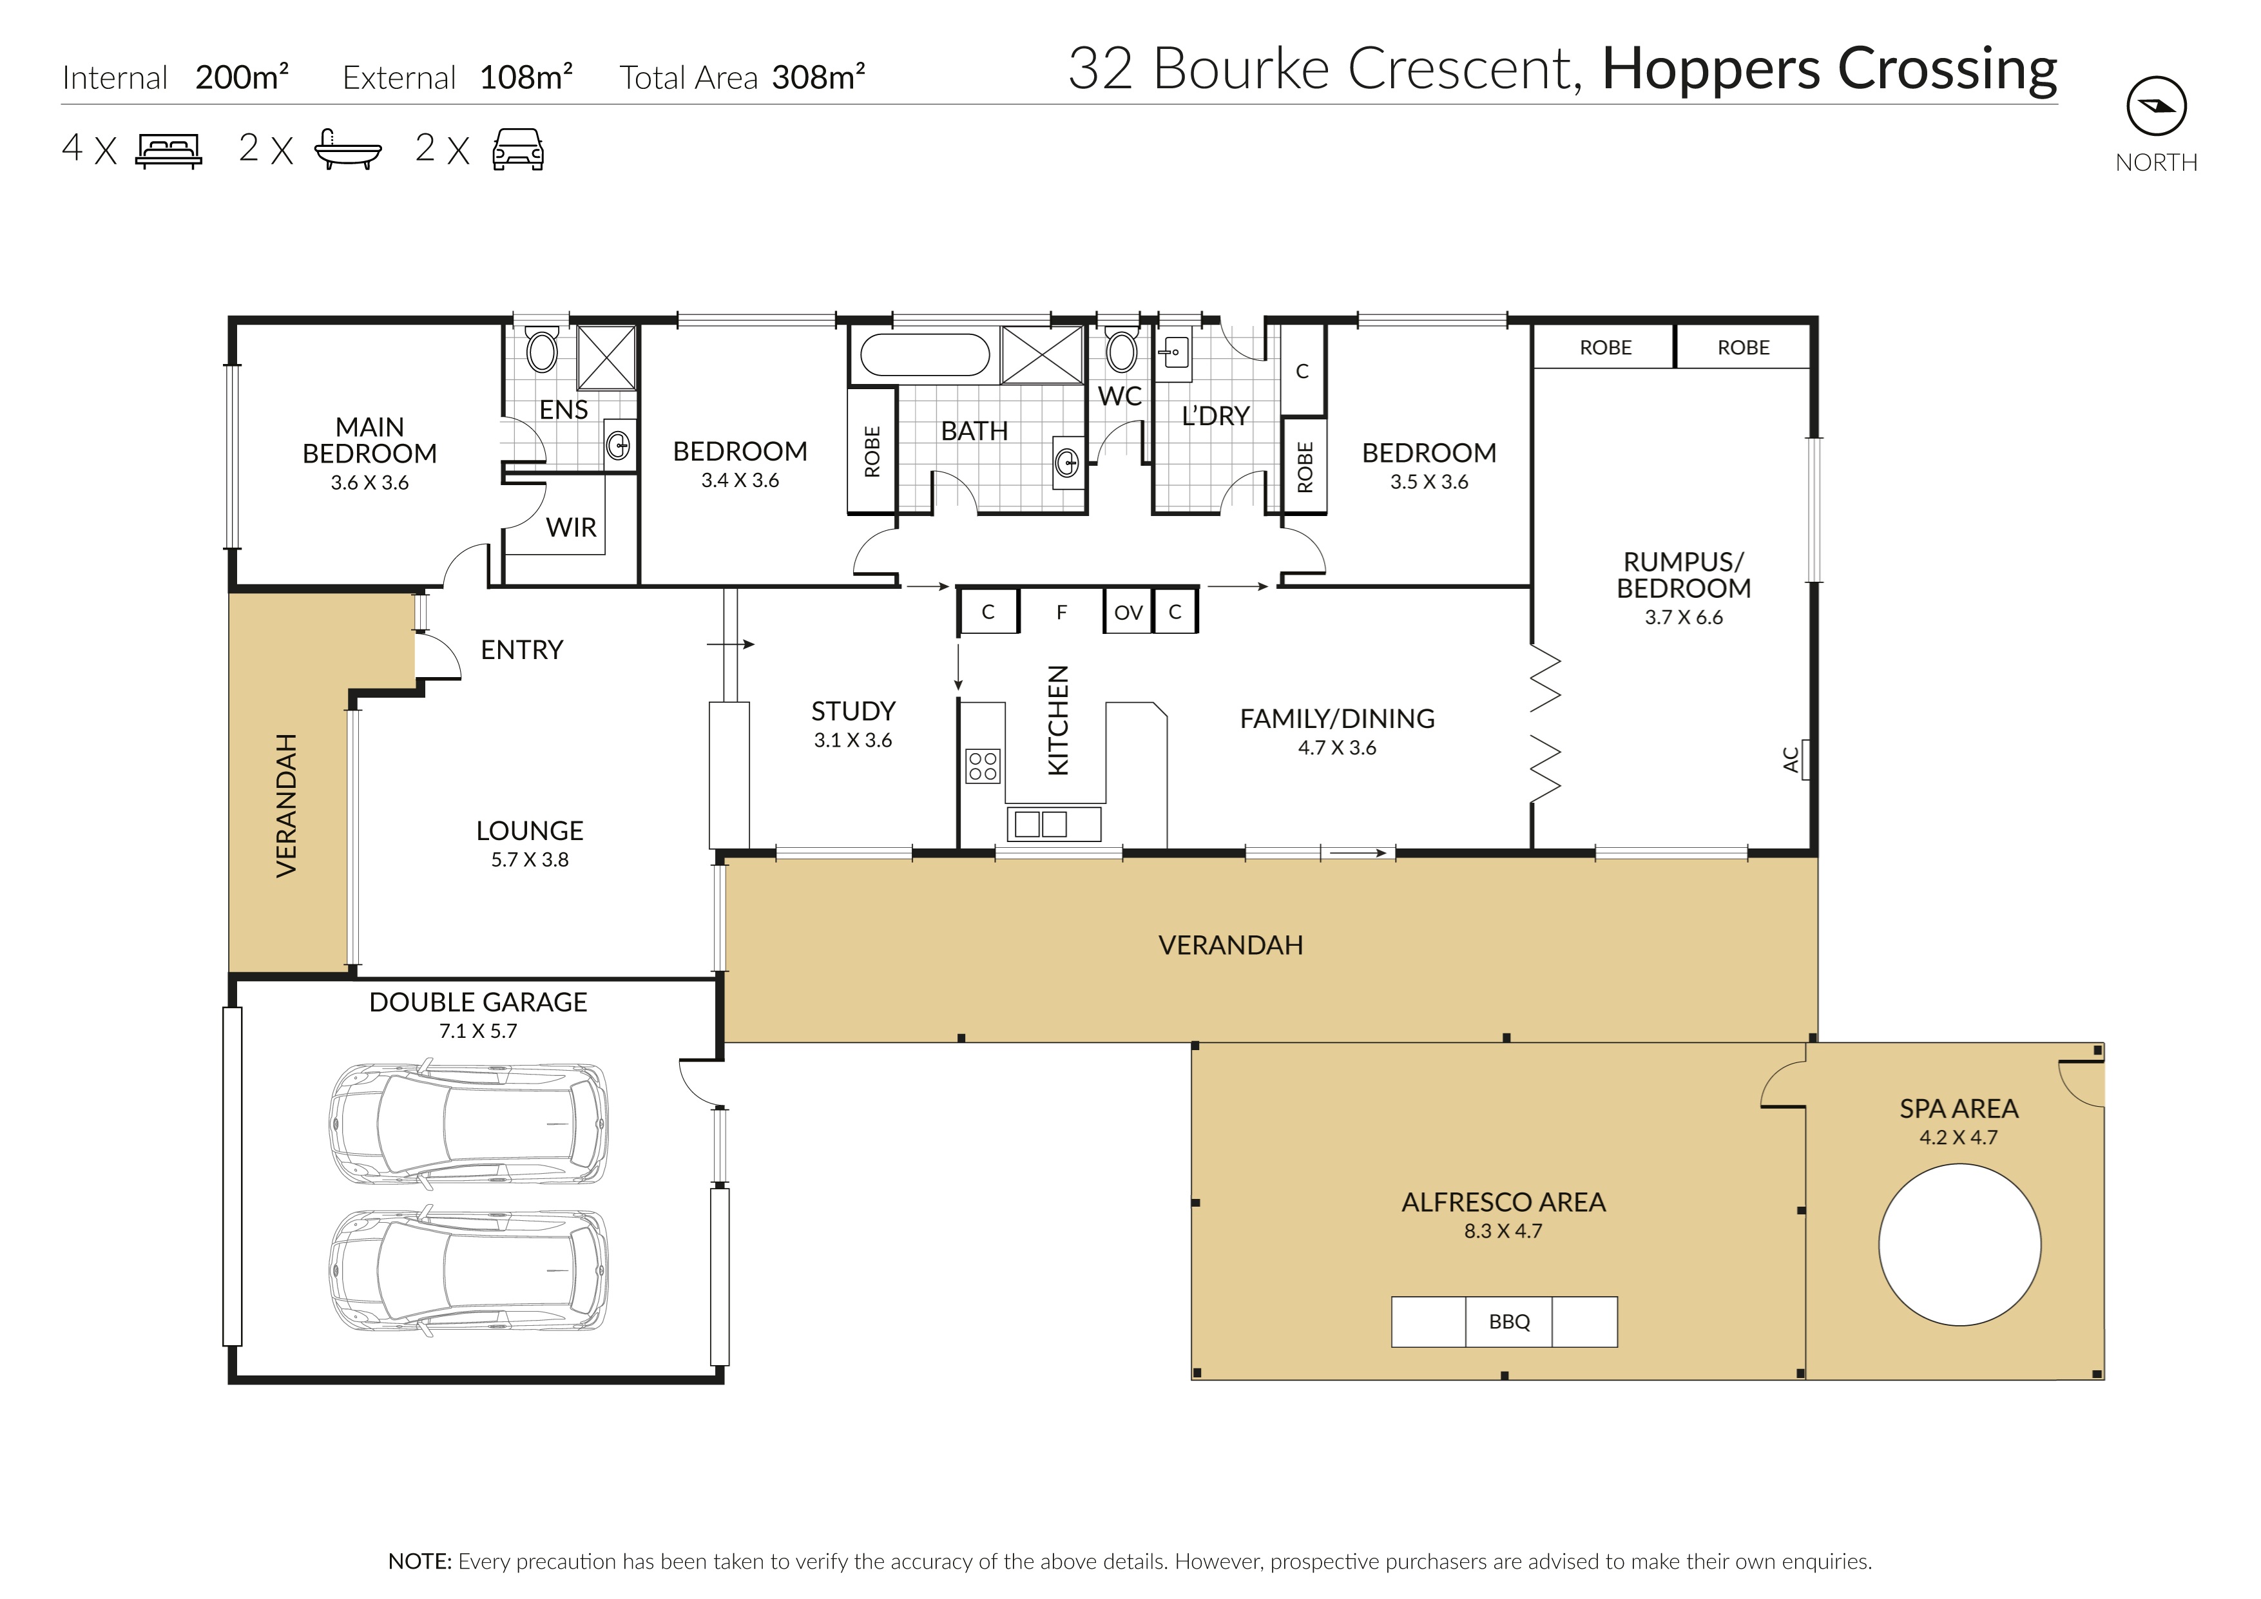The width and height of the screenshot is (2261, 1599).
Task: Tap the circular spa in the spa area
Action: click(x=1959, y=1245)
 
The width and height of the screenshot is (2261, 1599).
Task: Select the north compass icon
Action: click(x=2157, y=106)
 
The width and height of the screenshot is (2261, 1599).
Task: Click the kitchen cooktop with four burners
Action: click(x=983, y=765)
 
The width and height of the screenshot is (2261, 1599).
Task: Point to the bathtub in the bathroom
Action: click(x=925, y=354)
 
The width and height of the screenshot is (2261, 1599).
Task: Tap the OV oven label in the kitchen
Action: click(x=1128, y=613)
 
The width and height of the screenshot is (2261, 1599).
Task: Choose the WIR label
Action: click(x=571, y=528)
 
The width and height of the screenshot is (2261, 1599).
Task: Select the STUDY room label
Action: click(x=853, y=711)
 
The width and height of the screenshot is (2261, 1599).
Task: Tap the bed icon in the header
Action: click(x=168, y=151)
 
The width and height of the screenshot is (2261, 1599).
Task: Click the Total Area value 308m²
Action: click(x=818, y=76)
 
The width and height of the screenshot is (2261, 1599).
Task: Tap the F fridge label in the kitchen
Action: click(x=1062, y=613)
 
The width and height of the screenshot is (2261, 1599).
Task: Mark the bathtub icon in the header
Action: click(x=347, y=149)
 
